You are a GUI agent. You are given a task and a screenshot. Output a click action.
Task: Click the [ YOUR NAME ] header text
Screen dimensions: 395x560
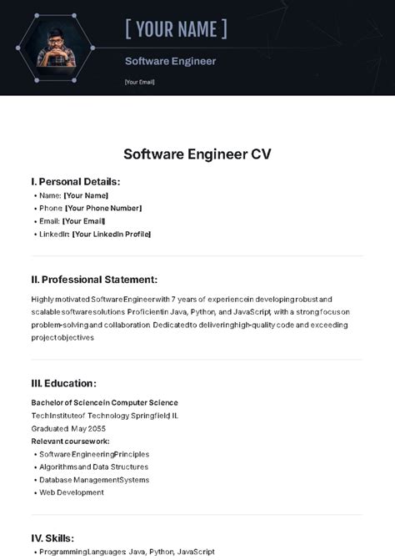(x=176, y=30)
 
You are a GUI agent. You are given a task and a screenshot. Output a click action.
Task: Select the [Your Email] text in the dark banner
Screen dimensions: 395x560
(x=139, y=82)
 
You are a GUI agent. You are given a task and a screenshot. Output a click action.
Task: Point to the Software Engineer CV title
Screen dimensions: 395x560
(x=197, y=154)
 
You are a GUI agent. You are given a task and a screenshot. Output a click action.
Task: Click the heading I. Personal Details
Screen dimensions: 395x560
(x=76, y=181)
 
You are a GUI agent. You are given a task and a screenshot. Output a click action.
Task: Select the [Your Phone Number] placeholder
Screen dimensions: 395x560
(x=103, y=208)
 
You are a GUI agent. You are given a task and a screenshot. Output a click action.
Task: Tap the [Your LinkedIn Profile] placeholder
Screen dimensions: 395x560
(x=112, y=234)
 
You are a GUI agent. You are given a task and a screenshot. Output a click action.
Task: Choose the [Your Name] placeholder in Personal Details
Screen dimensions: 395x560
(x=86, y=195)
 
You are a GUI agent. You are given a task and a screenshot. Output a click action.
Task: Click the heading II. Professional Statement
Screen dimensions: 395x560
(x=94, y=280)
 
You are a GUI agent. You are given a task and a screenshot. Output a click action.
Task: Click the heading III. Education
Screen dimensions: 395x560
(x=64, y=383)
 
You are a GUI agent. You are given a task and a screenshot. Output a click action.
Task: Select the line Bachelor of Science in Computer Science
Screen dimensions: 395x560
(x=105, y=402)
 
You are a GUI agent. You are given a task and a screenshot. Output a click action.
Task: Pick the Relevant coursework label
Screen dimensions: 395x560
(x=71, y=441)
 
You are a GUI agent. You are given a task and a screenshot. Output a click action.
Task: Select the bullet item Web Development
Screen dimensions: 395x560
(x=72, y=492)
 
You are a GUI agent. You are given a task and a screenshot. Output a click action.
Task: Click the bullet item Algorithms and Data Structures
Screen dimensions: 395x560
(x=94, y=467)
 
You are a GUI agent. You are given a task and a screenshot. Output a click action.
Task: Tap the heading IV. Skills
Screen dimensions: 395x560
(x=52, y=538)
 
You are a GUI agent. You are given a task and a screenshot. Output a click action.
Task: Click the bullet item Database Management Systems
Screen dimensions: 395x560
(x=94, y=480)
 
